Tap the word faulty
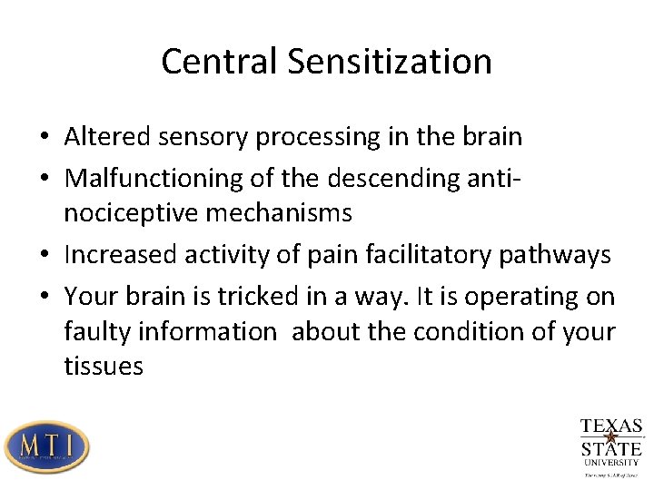point(97,332)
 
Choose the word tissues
point(104,367)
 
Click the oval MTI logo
point(46,446)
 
